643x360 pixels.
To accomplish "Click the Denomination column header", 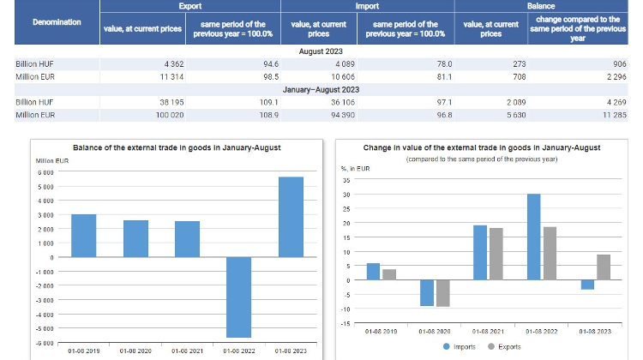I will click(57, 21).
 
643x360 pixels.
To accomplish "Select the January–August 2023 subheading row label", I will click(322, 89).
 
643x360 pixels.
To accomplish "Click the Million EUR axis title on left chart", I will click(51, 160).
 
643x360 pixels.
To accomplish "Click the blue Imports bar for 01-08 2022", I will click(533, 237).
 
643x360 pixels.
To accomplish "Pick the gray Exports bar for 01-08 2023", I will click(604, 267).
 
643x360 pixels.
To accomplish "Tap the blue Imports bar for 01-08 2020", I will click(426, 292).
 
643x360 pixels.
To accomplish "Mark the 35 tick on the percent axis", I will click(346, 181).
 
